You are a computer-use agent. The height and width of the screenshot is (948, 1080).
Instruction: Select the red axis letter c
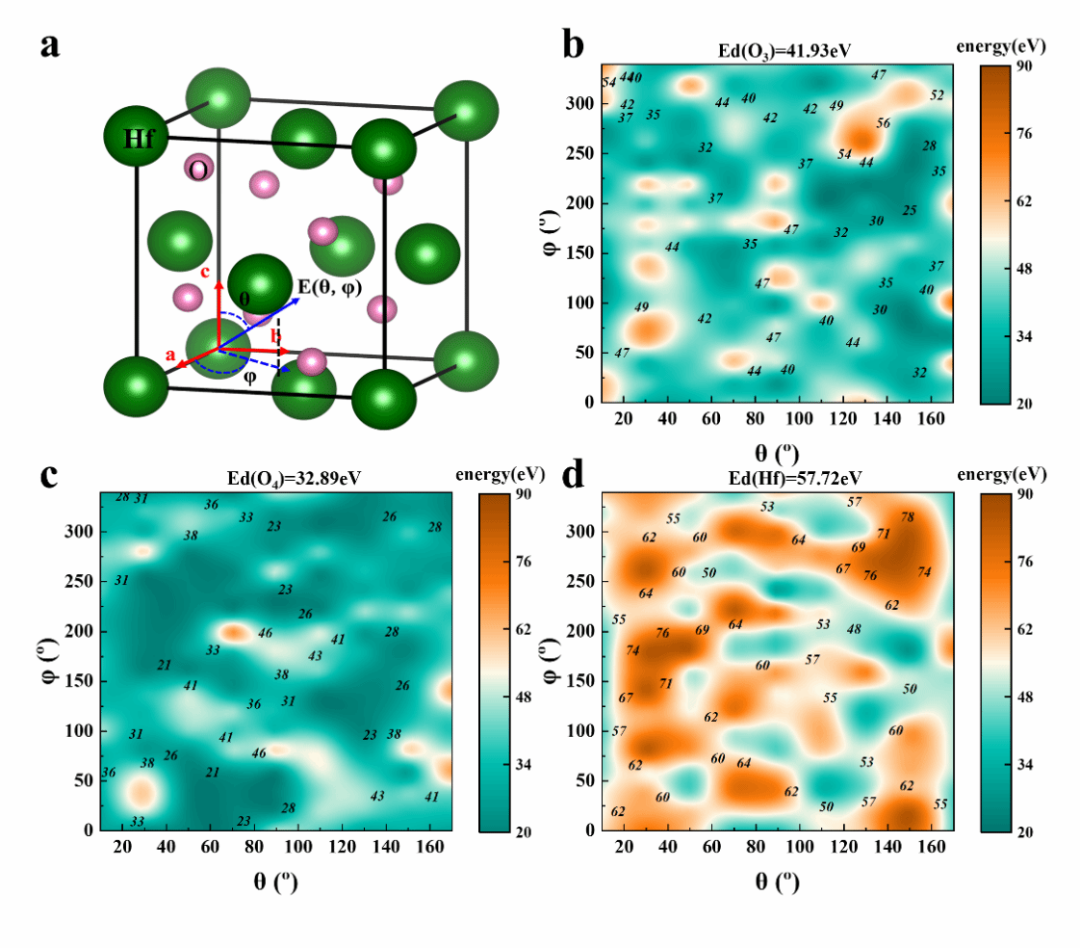205,273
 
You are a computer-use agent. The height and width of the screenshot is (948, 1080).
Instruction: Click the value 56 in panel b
883,123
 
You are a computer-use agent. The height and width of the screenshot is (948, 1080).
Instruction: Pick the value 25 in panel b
910,211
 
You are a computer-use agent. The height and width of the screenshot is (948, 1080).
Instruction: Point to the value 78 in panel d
908,517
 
